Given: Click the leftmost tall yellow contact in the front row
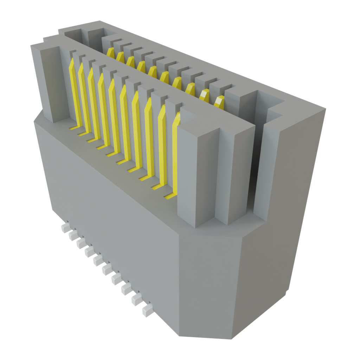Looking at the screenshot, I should [74, 91].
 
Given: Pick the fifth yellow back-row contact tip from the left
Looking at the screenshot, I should [152, 71].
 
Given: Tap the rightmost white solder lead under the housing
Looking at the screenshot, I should [147, 311].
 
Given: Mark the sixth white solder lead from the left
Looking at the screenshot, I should [107, 270].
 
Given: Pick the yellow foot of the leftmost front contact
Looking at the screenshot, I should [73, 128].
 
